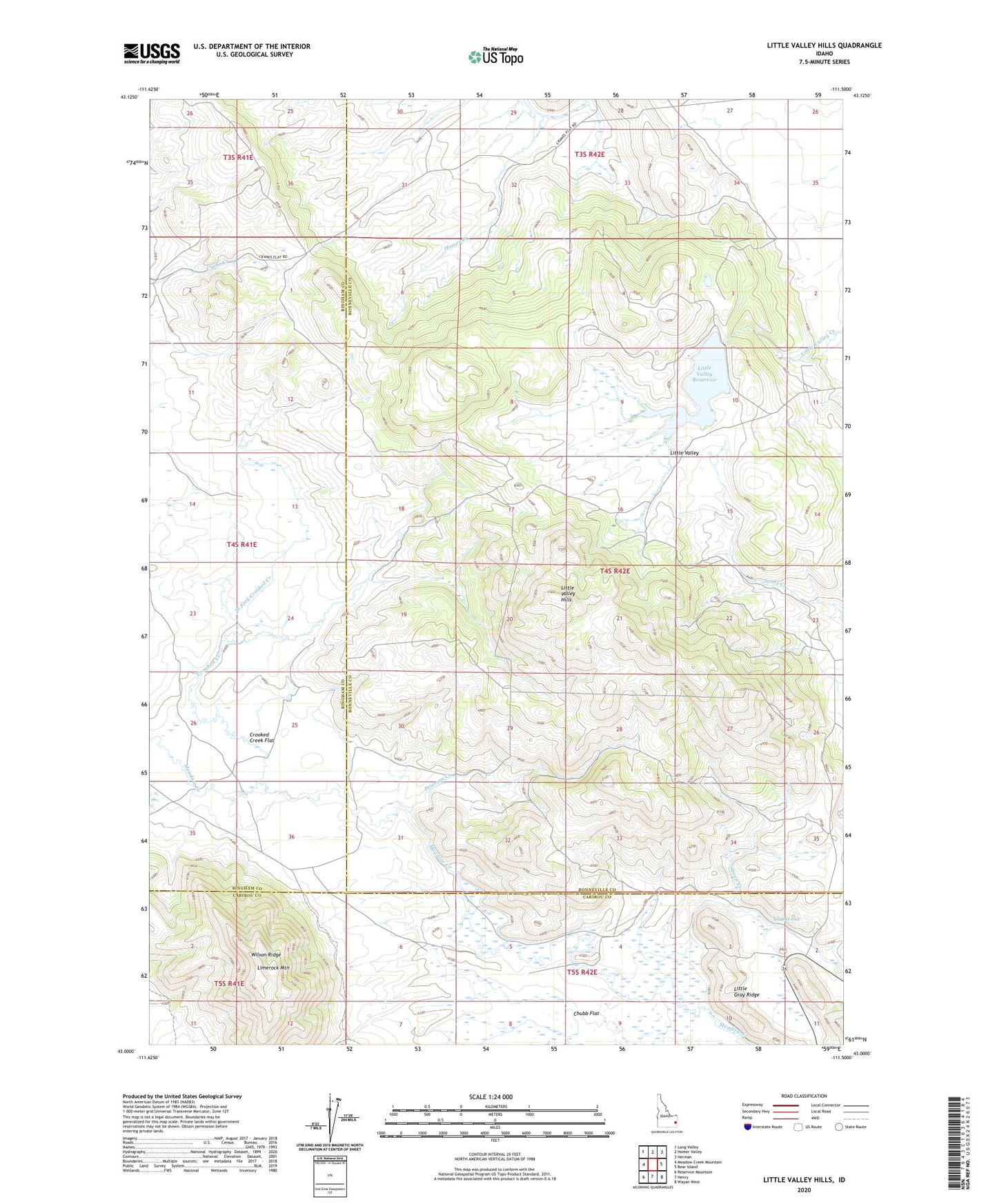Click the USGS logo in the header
[151, 53]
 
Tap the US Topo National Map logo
[495, 57]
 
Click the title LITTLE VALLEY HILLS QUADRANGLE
[824, 46]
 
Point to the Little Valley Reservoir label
[704, 374]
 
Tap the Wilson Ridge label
[266, 955]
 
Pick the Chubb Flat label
[586, 1014]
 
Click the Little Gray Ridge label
[746, 992]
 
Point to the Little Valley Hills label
[566, 594]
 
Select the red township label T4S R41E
[241, 545]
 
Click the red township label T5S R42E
[582, 972]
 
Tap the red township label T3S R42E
[589, 154]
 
